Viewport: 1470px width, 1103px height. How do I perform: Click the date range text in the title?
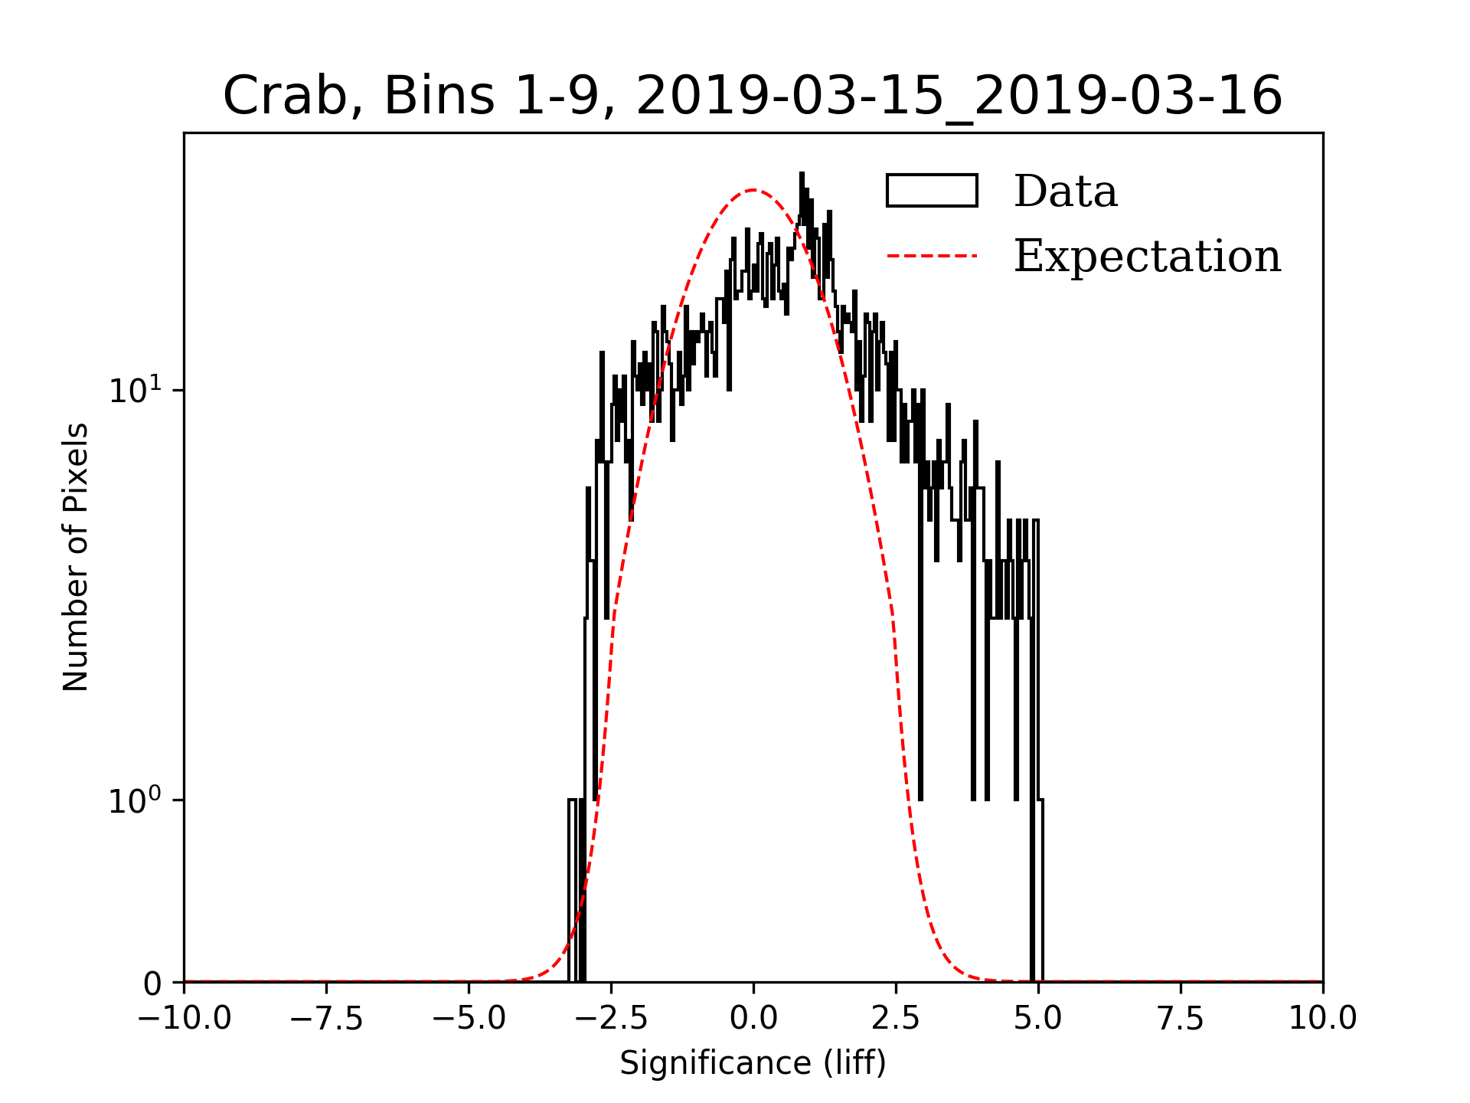(959, 97)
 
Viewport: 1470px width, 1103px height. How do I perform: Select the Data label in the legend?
(1065, 191)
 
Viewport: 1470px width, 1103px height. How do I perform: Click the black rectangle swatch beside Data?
(932, 191)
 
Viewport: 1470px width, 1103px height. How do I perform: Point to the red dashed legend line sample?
(932, 256)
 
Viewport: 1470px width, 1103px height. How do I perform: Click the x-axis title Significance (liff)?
(753, 1063)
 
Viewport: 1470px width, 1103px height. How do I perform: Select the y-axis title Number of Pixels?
(76, 557)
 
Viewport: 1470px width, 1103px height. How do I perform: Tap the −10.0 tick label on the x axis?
(184, 1019)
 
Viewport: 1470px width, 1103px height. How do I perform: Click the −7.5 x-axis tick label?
(326, 1019)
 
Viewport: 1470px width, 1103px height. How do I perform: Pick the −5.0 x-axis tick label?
(469, 1019)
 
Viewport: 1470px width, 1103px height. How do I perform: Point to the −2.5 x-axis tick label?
(611, 1019)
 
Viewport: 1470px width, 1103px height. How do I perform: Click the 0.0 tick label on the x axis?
(753, 1019)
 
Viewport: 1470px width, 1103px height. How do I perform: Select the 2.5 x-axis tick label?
(896, 1019)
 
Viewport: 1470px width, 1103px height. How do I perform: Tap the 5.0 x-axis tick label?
(1038, 1019)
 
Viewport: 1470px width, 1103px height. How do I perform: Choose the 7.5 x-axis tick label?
(1181, 1019)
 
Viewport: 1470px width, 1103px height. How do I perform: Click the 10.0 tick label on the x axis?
(1322, 1019)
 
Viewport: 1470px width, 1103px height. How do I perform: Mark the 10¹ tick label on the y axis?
(136, 391)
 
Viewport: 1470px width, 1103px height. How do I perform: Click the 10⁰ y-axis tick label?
(136, 801)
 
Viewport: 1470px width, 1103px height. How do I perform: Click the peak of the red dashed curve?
(753, 190)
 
